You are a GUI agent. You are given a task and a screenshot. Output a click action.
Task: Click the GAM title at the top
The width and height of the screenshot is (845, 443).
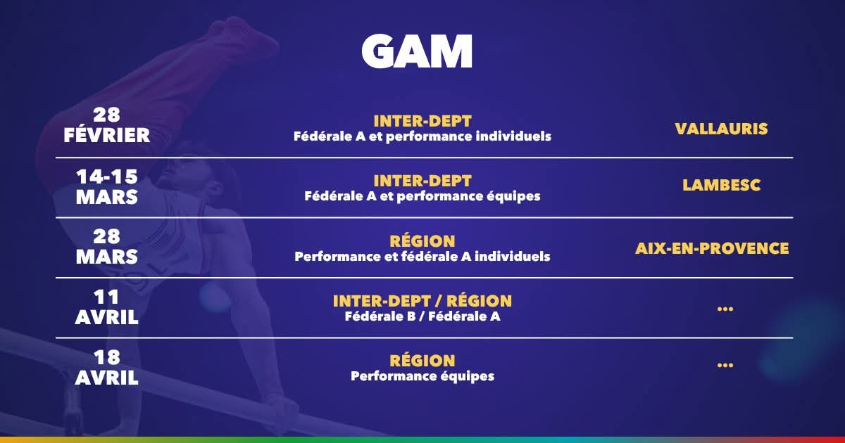point(416,51)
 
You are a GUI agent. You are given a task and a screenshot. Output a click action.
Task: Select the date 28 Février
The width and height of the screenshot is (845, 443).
point(107,125)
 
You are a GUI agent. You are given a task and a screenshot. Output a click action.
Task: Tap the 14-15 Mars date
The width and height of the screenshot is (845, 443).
point(107,187)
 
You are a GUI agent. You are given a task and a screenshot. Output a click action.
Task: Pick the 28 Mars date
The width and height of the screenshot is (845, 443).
point(107,247)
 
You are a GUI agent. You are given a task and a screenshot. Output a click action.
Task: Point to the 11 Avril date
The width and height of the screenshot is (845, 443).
point(107,307)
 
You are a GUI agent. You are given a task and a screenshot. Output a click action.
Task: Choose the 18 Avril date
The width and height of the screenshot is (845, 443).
point(107,367)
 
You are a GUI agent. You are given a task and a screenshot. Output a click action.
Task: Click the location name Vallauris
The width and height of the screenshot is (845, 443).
point(721,129)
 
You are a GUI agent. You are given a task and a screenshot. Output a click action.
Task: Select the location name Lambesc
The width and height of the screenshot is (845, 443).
point(721,185)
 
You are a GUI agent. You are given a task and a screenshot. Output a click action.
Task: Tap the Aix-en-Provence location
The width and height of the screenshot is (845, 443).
point(712,248)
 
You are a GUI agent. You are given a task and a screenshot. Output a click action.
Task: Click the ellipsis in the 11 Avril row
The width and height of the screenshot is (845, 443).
point(725,309)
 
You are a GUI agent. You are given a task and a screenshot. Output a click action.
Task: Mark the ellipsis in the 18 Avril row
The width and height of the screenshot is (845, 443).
point(725,365)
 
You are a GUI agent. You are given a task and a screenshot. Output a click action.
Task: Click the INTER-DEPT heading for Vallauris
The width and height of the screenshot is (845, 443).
point(423,121)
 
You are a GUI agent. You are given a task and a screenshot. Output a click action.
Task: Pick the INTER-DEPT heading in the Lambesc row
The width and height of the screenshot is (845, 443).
point(423,181)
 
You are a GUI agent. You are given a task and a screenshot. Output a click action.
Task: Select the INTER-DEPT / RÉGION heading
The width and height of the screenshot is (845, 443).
point(423,301)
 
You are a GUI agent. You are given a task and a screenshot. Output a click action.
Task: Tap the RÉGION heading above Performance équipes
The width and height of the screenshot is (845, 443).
point(423,361)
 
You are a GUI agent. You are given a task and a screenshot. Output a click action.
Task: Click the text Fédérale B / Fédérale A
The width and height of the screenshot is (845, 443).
point(423,316)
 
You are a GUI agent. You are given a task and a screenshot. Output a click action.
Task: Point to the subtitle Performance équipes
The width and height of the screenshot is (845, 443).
point(423,376)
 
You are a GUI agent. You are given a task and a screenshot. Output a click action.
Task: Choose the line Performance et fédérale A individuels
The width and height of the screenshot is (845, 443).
point(423,257)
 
